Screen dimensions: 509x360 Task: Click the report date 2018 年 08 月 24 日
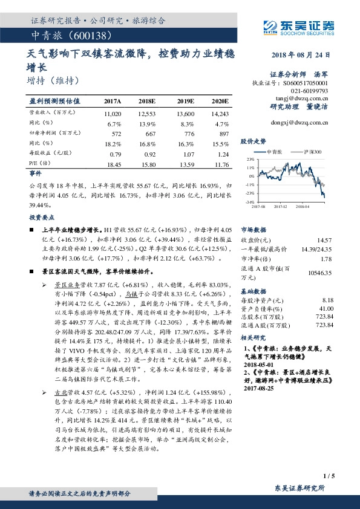(301, 54)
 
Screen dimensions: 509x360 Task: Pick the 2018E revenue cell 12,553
(147, 113)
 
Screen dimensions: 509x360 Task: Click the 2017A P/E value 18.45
(113, 164)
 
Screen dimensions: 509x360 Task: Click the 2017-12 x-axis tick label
(280, 206)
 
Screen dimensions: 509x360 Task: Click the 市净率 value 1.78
(327, 259)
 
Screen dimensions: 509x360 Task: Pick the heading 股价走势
(253, 140)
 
